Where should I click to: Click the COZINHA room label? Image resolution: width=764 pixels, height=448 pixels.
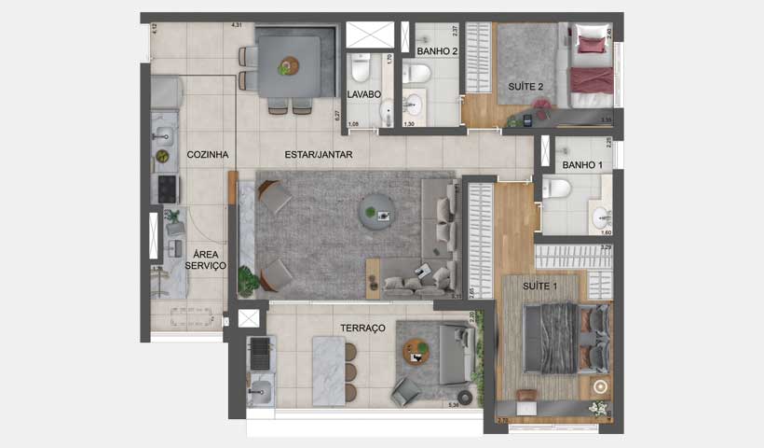point(207,155)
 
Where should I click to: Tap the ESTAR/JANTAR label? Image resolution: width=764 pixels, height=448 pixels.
point(319,155)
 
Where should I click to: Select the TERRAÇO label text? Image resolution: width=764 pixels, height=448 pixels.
point(362,329)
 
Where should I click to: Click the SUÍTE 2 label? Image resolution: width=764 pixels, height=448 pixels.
point(525,87)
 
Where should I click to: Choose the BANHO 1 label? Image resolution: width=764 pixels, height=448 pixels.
point(582,165)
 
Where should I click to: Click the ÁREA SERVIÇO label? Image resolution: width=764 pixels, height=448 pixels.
point(205,259)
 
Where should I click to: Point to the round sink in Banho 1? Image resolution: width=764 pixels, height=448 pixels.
point(600,219)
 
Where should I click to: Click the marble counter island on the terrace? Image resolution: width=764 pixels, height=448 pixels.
point(328,371)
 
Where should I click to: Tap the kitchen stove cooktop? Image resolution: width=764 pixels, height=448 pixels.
point(167,189)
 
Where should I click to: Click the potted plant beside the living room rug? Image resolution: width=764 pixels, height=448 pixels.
point(248,280)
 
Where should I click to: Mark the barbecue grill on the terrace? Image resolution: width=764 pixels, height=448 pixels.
point(259,353)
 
